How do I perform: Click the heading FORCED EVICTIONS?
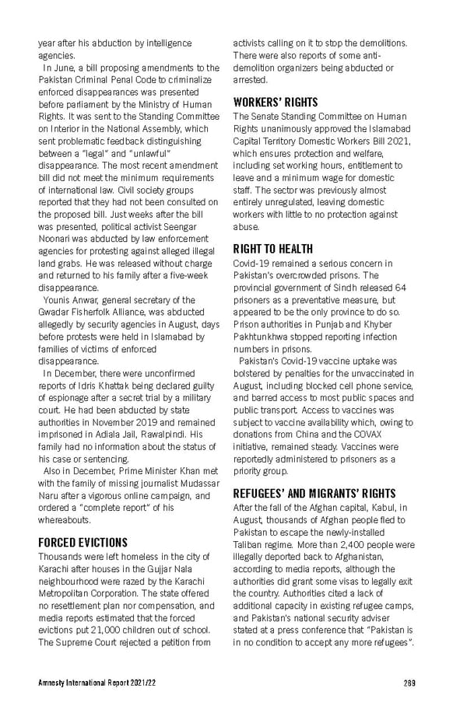[x=83, y=542]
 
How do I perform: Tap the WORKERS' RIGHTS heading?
[x=276, y=102]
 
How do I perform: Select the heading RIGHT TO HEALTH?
[x=272, y=250]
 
